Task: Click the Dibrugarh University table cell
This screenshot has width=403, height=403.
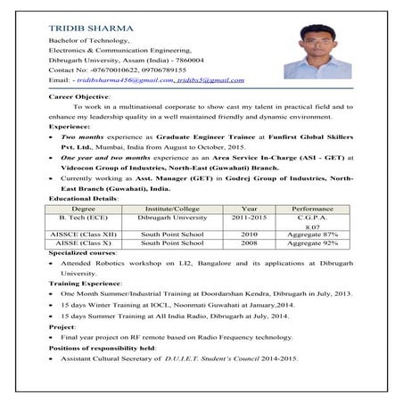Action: pyautogui.click(x=173, y=217)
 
